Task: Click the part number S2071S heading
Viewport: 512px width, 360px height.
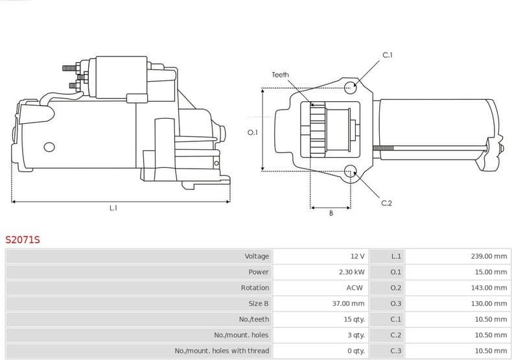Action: point(23,240)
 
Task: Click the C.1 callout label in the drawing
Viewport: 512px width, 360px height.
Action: point(388,55)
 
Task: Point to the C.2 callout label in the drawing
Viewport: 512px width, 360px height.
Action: point(386,203)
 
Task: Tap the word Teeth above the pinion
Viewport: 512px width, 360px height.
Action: point(280,75)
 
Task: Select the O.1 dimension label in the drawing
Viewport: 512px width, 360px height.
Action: point(253,132)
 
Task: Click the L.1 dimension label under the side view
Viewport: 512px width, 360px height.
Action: point(113,208)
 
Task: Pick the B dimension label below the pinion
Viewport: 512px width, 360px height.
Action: point(331,213)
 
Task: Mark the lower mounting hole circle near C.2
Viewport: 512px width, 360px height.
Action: point(351,172)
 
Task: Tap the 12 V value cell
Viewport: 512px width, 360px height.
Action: point(357,256)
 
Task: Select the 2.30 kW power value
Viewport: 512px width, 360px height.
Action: point(352,272)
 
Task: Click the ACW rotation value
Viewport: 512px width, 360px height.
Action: point(355,287)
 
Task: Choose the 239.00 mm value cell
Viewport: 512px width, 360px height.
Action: point(489,256)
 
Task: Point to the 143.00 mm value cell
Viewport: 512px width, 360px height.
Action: point(489,287)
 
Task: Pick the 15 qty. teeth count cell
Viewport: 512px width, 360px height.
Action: point(354,319)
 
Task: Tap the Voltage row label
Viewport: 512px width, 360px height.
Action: point(257,256)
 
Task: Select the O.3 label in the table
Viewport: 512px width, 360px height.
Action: point(396,304)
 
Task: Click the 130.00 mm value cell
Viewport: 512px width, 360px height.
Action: point(489,304)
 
